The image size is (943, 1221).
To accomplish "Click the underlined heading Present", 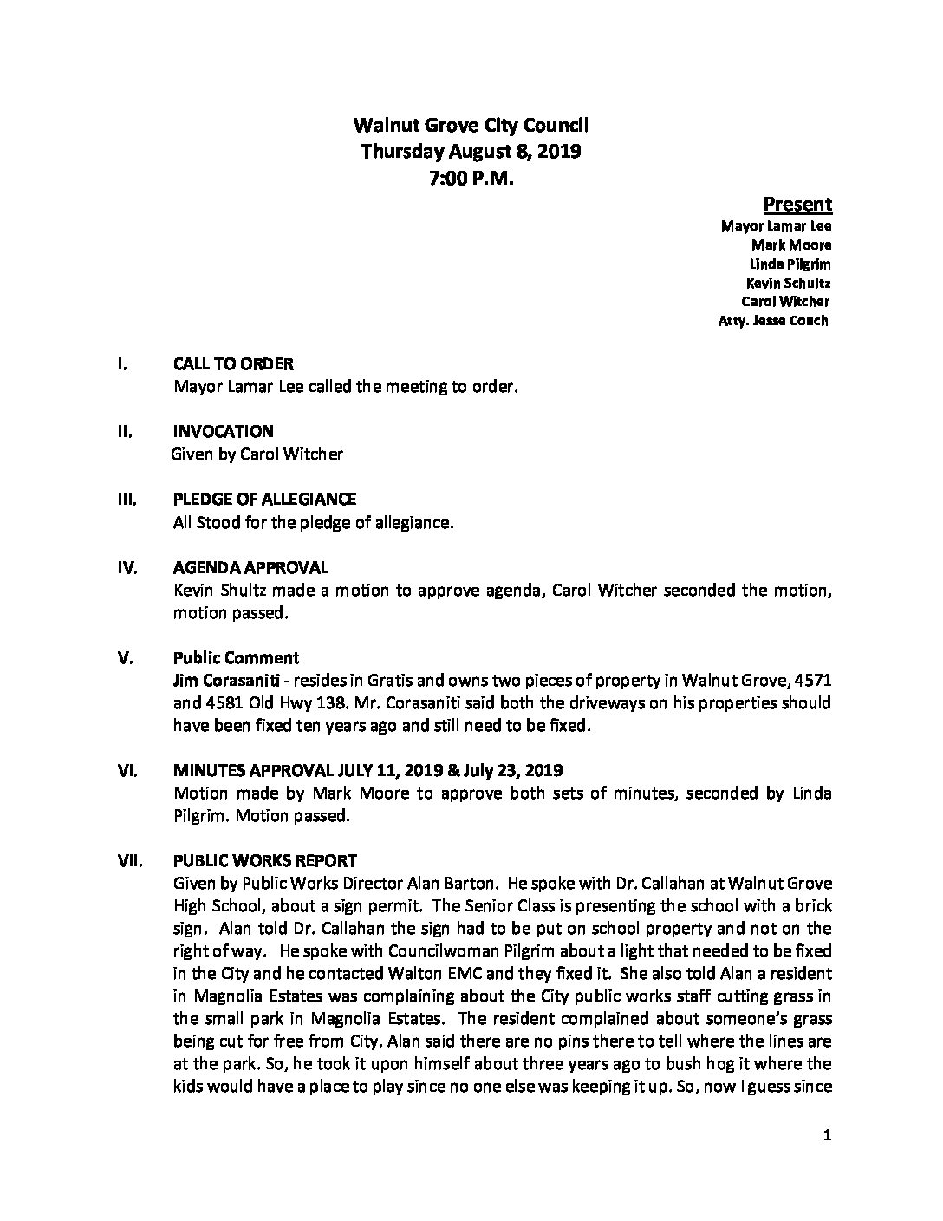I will pyautogui.click(x=797, y=205).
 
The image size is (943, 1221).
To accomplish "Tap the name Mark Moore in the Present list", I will pyautogui.click(x=791, y=245).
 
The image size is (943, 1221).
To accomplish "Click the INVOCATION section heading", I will pyautogui.click(x=224, y=431).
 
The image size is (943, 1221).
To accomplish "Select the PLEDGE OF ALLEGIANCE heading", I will pyautogui.click(x=264, y=499).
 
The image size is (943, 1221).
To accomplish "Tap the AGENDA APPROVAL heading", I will pyautogui.click(x=250, y=568).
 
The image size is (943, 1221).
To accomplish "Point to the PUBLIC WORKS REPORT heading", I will pyautogui.click(x=264, y=861).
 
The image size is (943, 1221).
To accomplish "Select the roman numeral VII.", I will pyautogui.click(x=127, y=861).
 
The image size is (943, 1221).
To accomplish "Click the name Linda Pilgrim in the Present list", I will pyautogui.click(x=790, y=264).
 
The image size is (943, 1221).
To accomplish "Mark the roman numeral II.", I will pyautogui.click(x=122, y=431).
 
